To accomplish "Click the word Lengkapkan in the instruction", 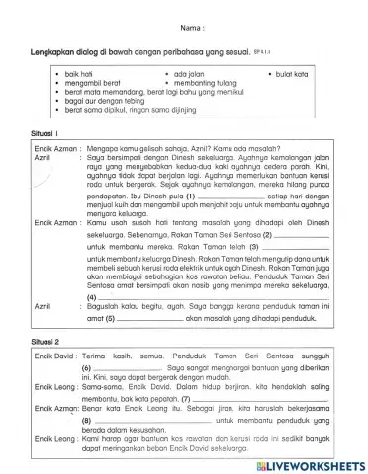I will (52, 50).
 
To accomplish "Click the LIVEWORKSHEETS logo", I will (311, 463).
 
